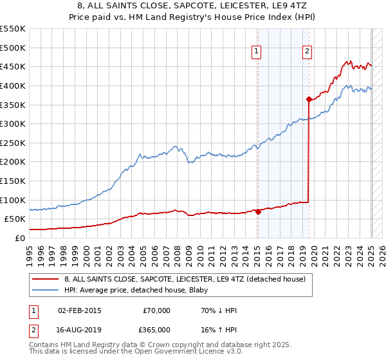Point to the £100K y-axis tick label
point(12,200)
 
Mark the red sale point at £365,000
point(309,99)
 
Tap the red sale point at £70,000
point(258,211)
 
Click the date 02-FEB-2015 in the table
point(79,310)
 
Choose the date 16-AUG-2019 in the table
point(79,330)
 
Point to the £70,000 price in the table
point(156,310)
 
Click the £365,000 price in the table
point(154,330)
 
